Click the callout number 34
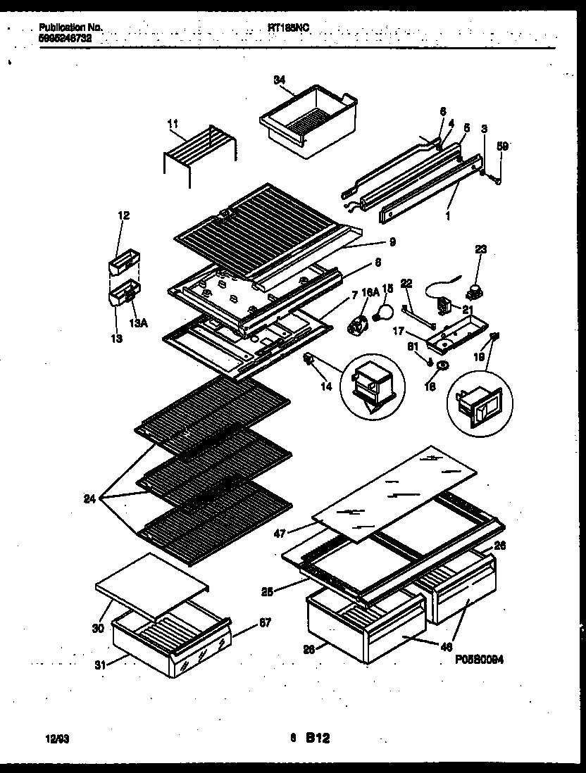pyautogui.click(x=279, y=80)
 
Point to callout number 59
pyautogui.click(x=501, y=146)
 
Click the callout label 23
pyautogui.click(x=480, y=249)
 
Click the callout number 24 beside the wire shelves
pyautogui.click(x=89, y=501)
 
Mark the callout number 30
pyautogui.click(x=98, y=628)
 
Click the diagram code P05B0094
pyautogui.click(x=479, y=660)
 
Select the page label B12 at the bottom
pyautogui.click(x=318, y=739)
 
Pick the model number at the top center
pyautogui.click(x=289, y=27)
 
